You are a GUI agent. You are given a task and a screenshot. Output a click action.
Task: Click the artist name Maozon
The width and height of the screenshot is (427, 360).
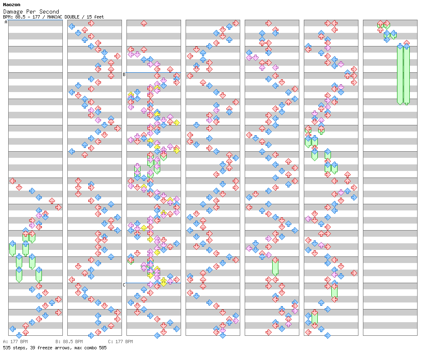(x=12, y=5)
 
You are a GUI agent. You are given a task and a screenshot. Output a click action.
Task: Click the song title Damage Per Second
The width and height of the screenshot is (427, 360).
(x=31, y=12)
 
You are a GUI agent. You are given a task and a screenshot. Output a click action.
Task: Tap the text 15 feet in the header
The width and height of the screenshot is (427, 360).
(x=95, y=17)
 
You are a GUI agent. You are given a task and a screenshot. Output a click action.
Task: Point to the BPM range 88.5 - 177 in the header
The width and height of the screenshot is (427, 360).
(x=28, y=17)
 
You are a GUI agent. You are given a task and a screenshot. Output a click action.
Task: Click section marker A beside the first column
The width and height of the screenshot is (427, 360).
(x=6, y=22)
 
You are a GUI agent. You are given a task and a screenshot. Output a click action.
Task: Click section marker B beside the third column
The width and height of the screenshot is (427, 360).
(x=124, y=74)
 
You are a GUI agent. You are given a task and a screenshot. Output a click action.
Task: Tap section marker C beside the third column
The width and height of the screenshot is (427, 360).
(x=124, y=285)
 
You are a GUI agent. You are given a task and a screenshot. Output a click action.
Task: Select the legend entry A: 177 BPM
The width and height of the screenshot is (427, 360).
(x=16, y=342)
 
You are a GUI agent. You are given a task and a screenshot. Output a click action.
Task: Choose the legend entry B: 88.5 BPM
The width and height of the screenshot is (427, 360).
(x=69, y=342)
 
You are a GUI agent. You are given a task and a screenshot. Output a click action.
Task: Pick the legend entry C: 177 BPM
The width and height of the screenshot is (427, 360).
(x=121, y=342)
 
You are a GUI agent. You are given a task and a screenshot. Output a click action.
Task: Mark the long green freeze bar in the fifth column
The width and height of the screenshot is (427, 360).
(x=275, y=267)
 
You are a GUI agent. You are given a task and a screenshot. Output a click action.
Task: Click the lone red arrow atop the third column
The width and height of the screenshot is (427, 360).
(x=144, y=23)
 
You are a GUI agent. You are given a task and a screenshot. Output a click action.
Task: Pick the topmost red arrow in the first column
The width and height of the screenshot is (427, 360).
(x=13, y=181)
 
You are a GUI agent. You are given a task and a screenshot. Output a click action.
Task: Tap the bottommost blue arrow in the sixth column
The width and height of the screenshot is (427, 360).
(x=328, y=335)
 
